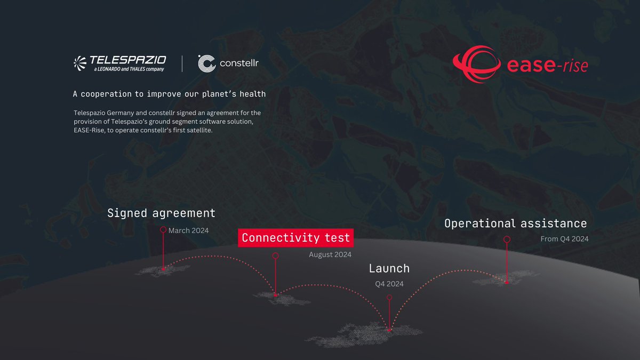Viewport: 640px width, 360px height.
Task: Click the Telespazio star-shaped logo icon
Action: pyautogui.click(x=81, y=63)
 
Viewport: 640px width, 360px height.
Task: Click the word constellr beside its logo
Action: pyautogui.click(x=239, y=64)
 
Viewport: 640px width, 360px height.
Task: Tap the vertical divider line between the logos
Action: pyautogui.click(x=182, y=63)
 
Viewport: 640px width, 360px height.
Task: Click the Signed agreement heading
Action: pyautogui.click(x=161, y=213)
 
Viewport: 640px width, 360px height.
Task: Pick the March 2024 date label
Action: pyautogui.click(x=188, y=230)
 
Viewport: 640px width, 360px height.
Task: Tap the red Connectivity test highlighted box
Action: pyautogui.click(x=295, y=238)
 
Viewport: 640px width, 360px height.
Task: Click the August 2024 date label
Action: pyautogui.click(x=330, y=254)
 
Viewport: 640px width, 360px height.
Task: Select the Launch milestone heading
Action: pyautogui.click(x=389, y=268)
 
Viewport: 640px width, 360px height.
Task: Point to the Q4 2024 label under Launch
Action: pyautogui.click(x=389, y=283)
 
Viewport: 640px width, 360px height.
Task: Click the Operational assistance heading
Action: pyautogui.click(x=515, y=223)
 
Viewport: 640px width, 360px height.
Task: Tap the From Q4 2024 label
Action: pyautogui.click(x=564, y=239)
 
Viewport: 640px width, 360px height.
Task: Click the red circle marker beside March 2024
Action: pyautogui.click(x=163, y=230)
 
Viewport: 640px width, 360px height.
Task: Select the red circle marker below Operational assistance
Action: pyautogui.click(x=507, y=239)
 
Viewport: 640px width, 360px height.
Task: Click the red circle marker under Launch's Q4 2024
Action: pyautogui.click(x=389, y=297)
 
